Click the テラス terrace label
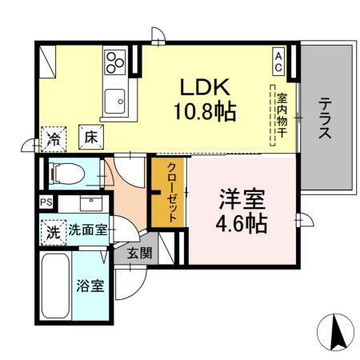(326, 118)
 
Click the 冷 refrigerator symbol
(54, 137)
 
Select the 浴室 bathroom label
(90, 286)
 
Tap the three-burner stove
(115, 61)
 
